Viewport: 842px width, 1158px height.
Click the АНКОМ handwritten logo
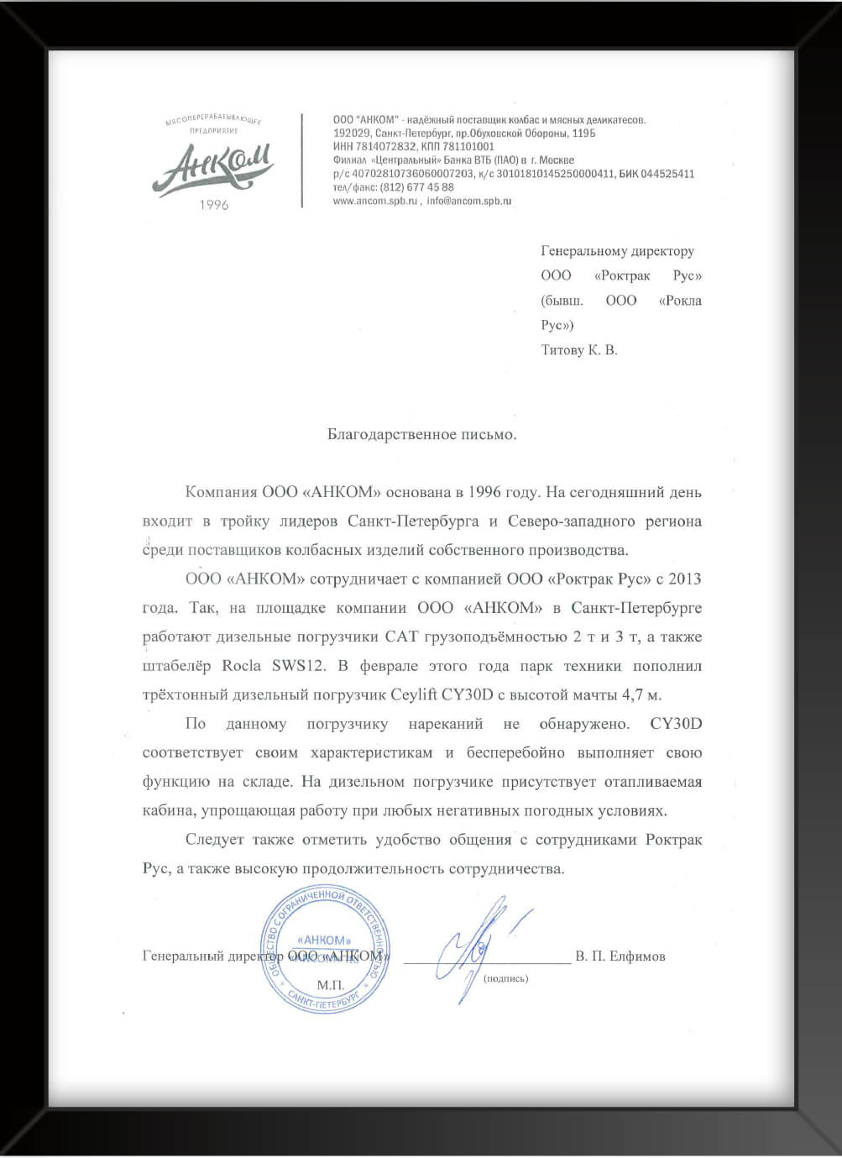(x=213, y=167)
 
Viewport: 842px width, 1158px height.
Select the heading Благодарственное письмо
(x=421, y=435)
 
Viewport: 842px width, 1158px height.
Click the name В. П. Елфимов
(x=620, y=956)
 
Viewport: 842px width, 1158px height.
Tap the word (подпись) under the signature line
(x=506, y=978)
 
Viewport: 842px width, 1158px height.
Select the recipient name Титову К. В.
(x=579, y=350)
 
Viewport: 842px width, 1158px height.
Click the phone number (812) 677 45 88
(x=416, y=188)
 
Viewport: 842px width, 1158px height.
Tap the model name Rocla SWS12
(x=274, y=667)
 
